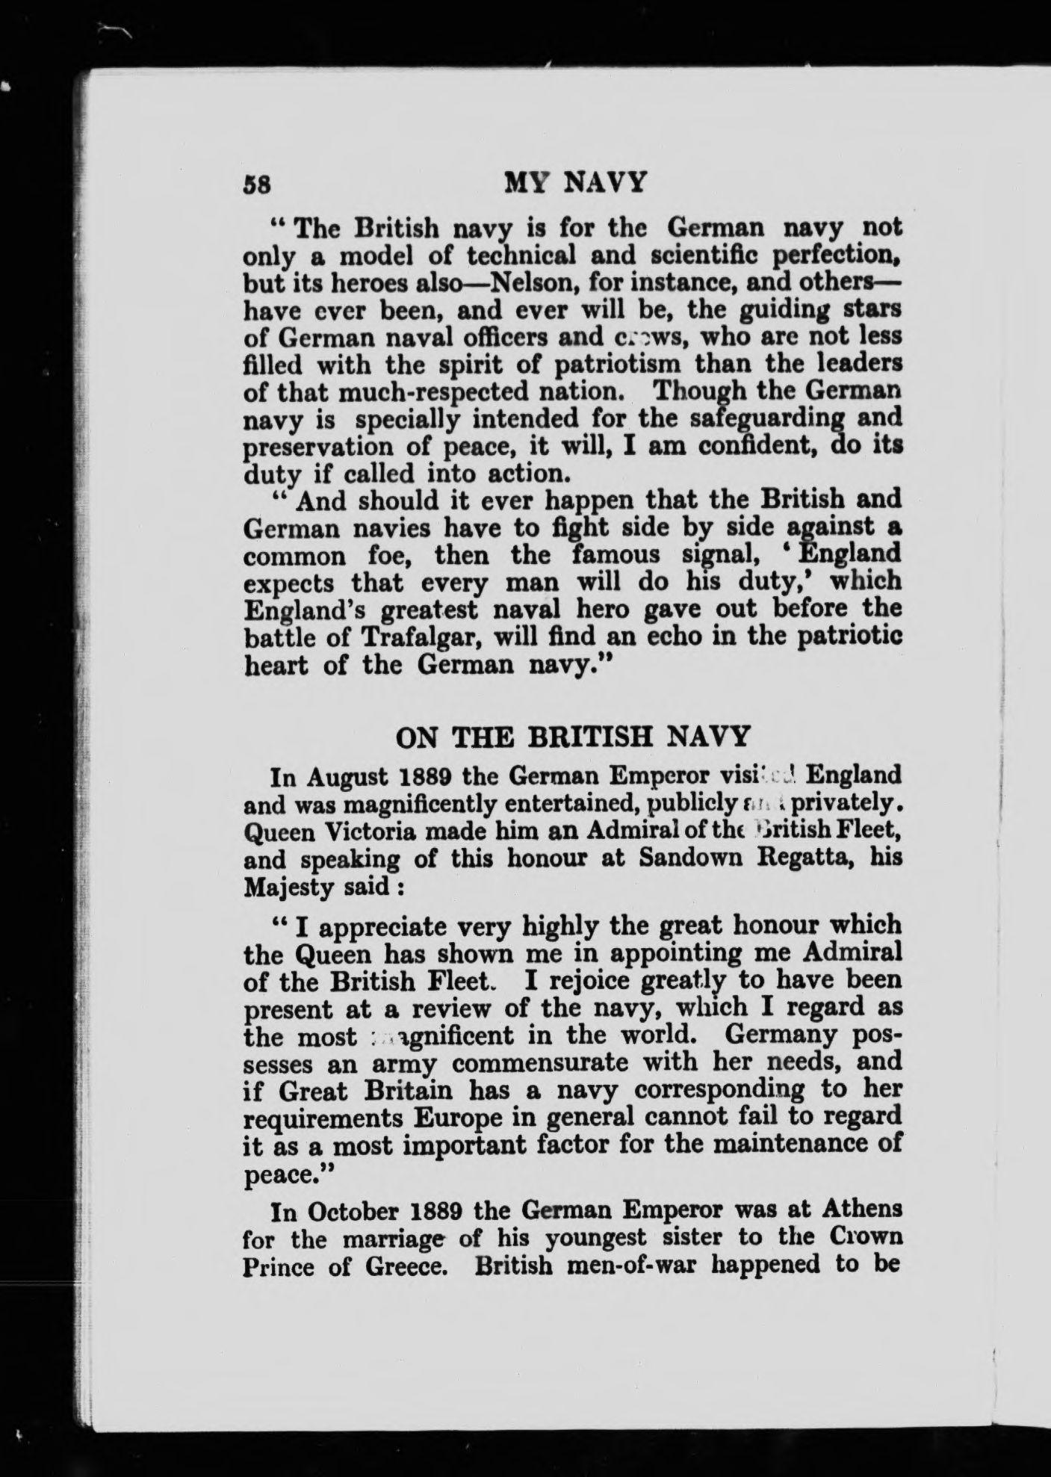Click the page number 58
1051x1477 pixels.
[x=259, y=185]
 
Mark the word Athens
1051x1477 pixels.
[x=858, y=1208]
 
